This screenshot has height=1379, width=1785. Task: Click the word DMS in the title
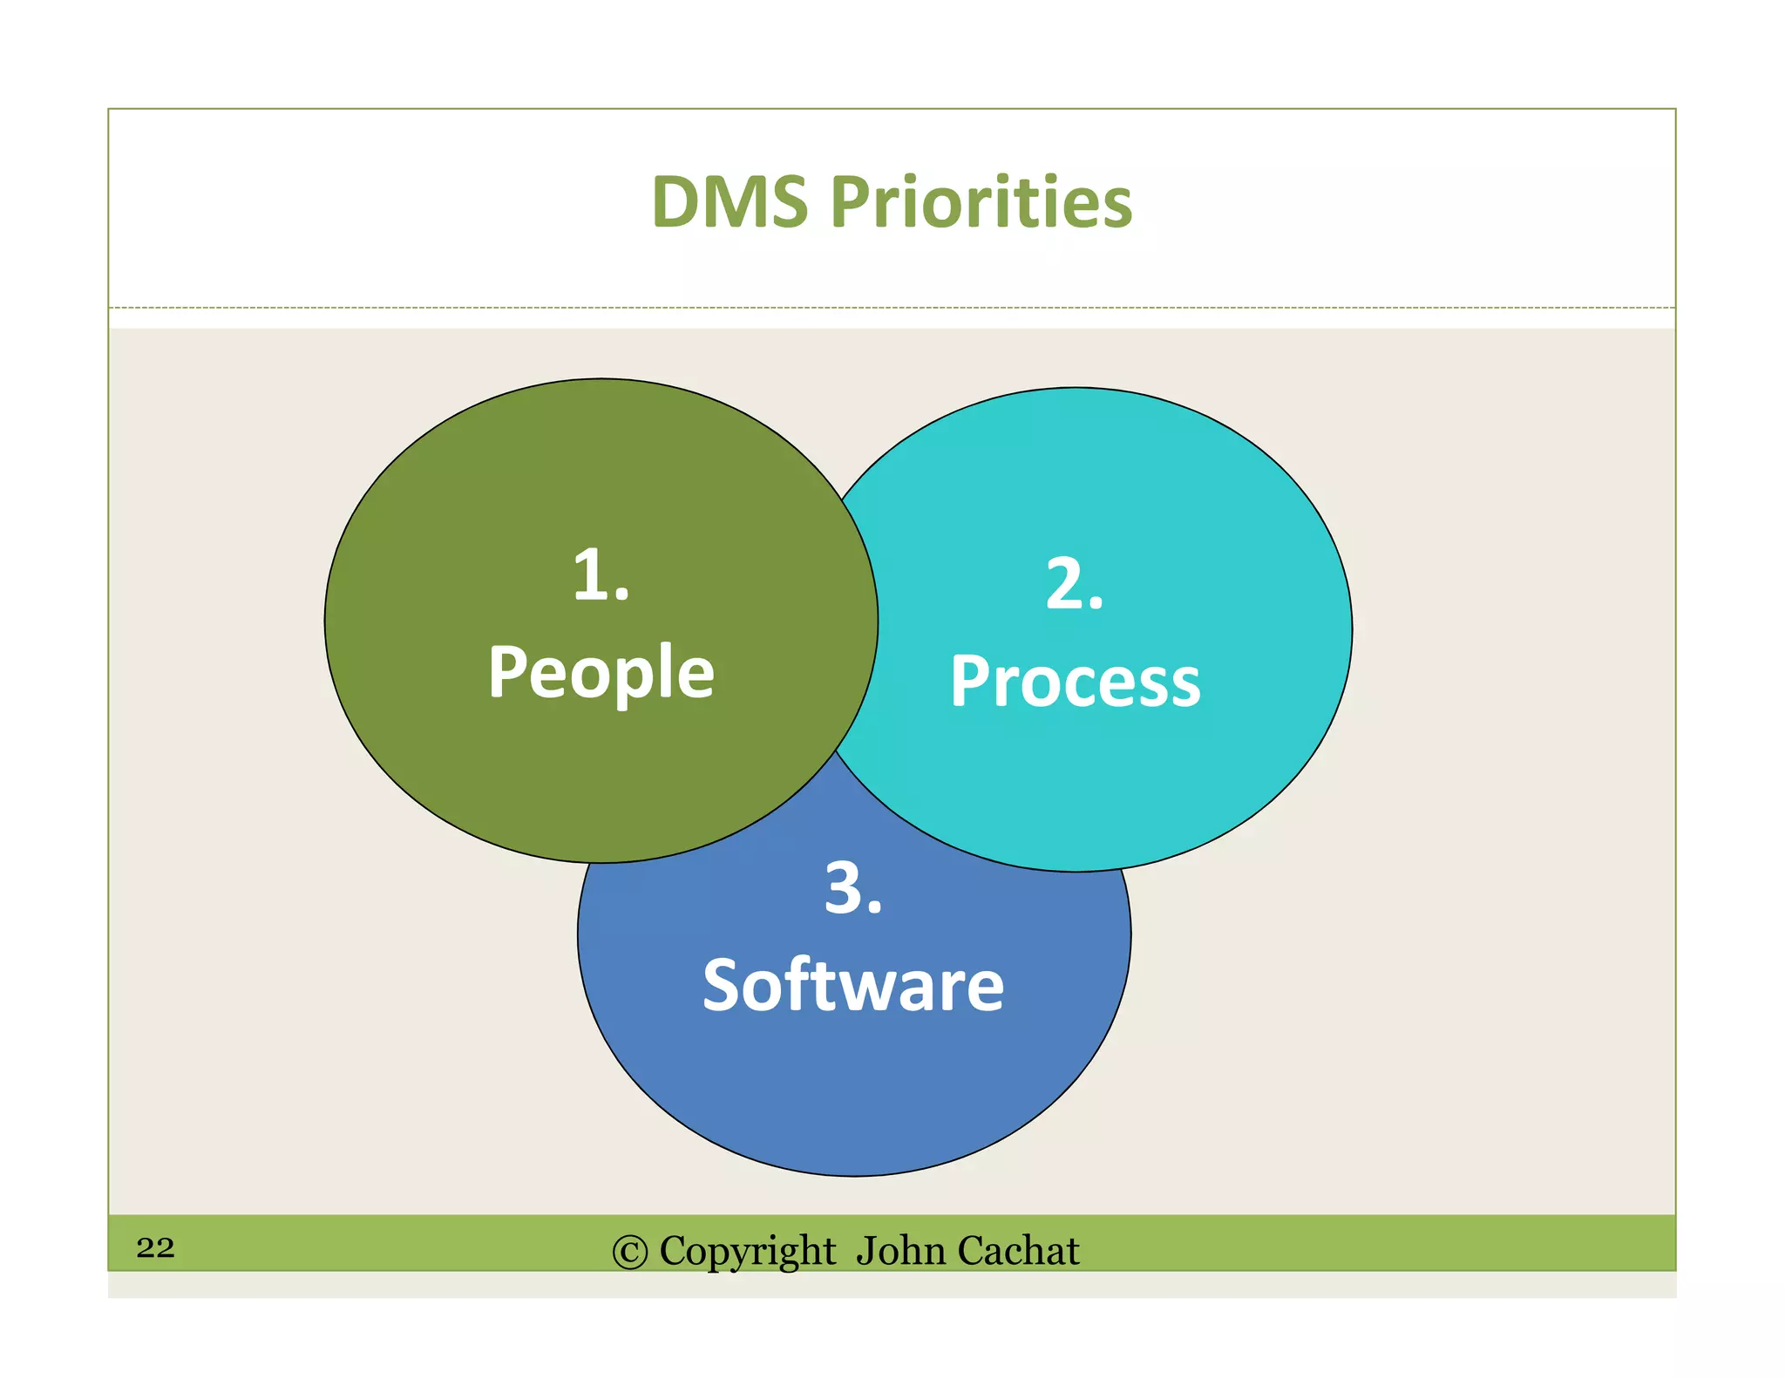tap(730, 202)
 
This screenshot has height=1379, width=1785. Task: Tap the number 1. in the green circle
tap(601, 575)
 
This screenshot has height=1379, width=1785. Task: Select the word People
tap(601, 673)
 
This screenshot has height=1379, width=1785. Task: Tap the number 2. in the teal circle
tap(1074, 584)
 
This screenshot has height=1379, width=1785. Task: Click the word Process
tap(1075, 682)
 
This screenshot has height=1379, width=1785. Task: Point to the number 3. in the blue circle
tap(853, 889)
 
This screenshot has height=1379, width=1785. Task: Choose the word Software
tap(853, 986)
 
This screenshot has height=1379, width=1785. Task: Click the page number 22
tap(155, 1247)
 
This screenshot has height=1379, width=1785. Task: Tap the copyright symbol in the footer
tap(630, 1253)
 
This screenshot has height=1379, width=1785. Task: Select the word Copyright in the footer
tap(747, 1252)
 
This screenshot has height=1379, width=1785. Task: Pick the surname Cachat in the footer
tap(1018, 1251)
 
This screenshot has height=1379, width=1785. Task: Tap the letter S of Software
tap(723, 986)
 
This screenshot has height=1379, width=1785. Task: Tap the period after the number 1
tap(621, 595)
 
